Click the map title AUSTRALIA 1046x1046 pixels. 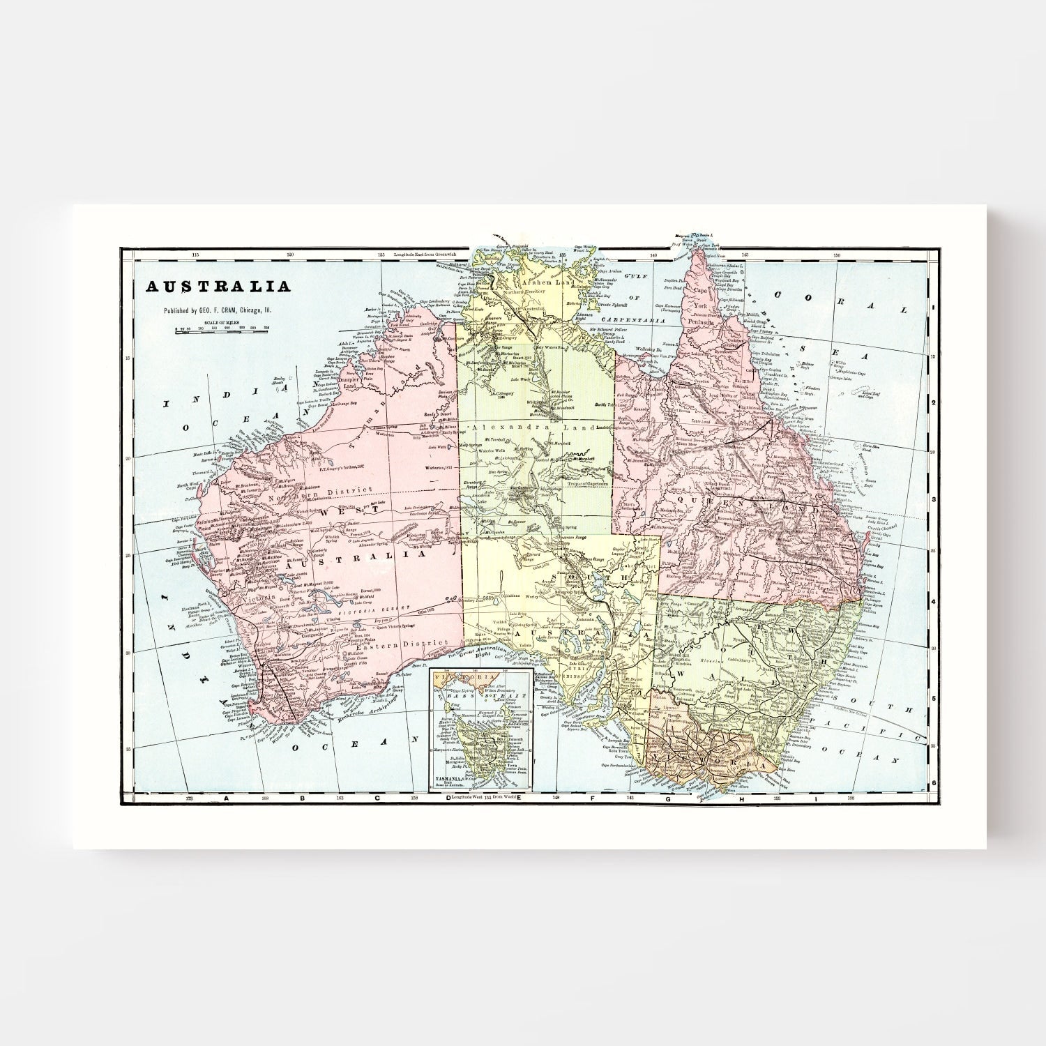[x=217, y=287]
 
